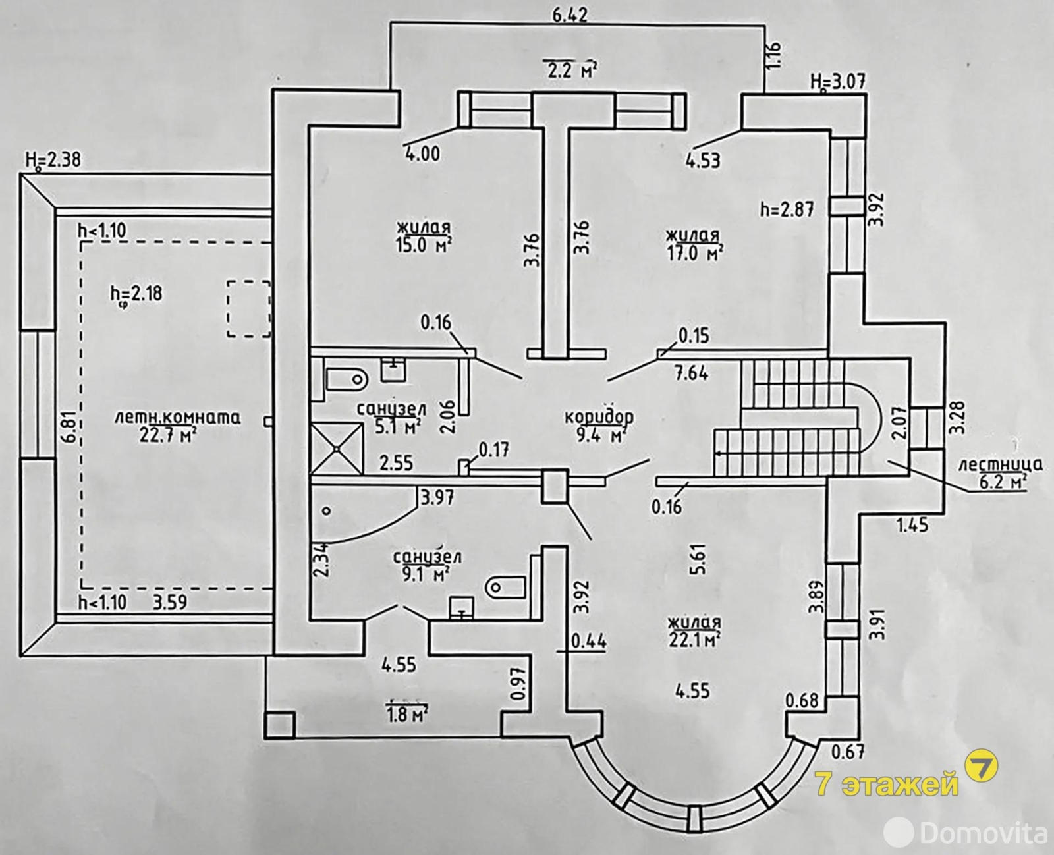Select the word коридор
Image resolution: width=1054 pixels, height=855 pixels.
(x=599, y=417)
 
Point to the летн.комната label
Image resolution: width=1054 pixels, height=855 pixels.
(x=177, y=417)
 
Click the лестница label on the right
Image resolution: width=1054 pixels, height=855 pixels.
(x=1000, y=464)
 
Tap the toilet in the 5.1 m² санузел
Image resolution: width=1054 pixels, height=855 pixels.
(x=345, y=379)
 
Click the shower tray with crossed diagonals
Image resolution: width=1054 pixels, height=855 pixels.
(x=337, y=448)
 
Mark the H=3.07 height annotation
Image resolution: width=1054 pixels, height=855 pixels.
(x=839, y=82)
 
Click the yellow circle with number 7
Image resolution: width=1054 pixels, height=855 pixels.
(x=981, y=767)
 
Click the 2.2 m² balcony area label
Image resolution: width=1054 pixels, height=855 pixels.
(x=570, y=69)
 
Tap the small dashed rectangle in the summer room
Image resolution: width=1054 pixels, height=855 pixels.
(x=248, y=308)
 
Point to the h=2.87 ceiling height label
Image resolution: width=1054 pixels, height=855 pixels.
(x=787, y=209)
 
